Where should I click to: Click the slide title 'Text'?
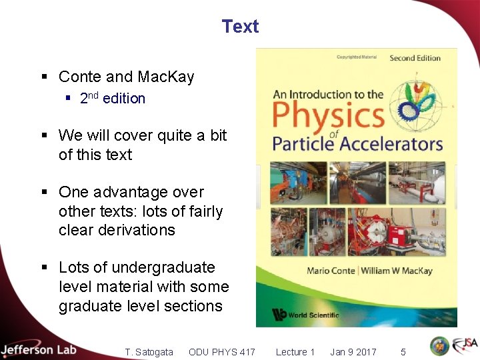point(240,27)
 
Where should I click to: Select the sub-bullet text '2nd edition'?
point(112,99)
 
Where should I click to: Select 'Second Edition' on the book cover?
point(415,58)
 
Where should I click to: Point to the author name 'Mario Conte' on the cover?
point(331,271)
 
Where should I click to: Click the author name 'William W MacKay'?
point(397,271)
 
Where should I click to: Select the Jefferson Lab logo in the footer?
point(39,349)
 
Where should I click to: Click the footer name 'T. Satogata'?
point(149,352)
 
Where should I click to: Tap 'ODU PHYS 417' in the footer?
point(221,352)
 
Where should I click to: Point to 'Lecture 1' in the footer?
point(295,352)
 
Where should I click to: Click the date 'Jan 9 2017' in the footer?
point(353,352)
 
